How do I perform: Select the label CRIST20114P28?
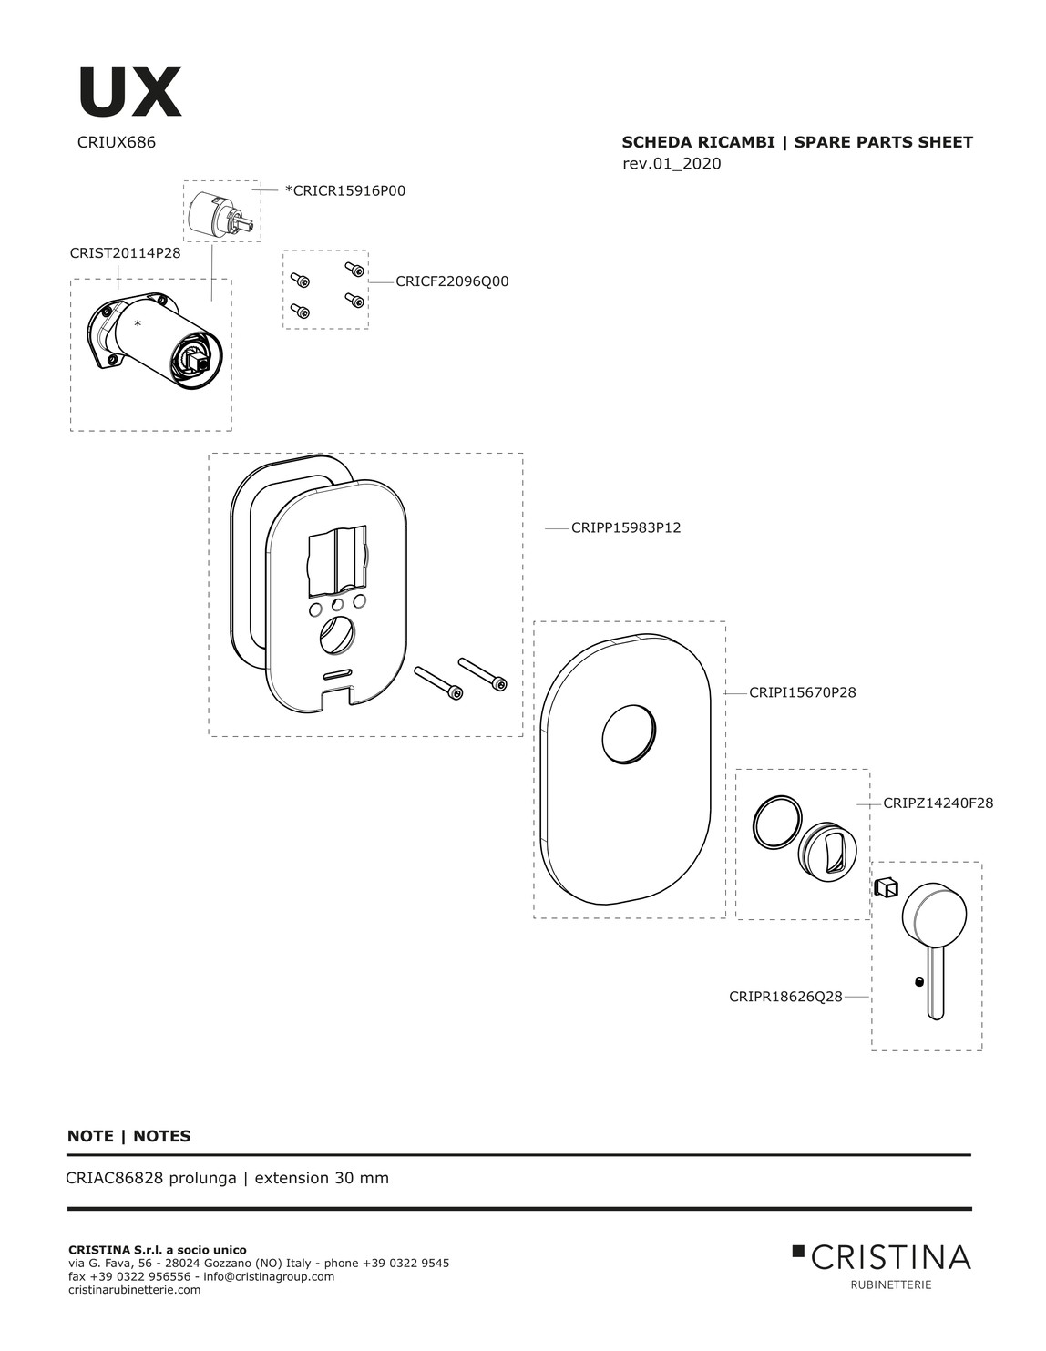(125, 253)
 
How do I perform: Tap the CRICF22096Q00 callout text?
(452, 281)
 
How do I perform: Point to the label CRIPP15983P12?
(626, 527)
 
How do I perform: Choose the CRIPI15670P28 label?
(802, 692)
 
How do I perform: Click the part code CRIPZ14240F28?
(938, 803)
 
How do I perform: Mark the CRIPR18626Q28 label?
(785, 997)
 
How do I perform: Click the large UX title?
(130, 92)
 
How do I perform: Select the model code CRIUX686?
(117, 142)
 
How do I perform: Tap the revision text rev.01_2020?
(672, 163)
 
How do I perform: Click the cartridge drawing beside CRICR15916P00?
(221, 213)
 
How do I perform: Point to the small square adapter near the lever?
(887, 887)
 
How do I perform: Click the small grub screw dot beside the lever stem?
(918, 982)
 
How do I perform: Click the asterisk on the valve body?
(138, 324)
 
